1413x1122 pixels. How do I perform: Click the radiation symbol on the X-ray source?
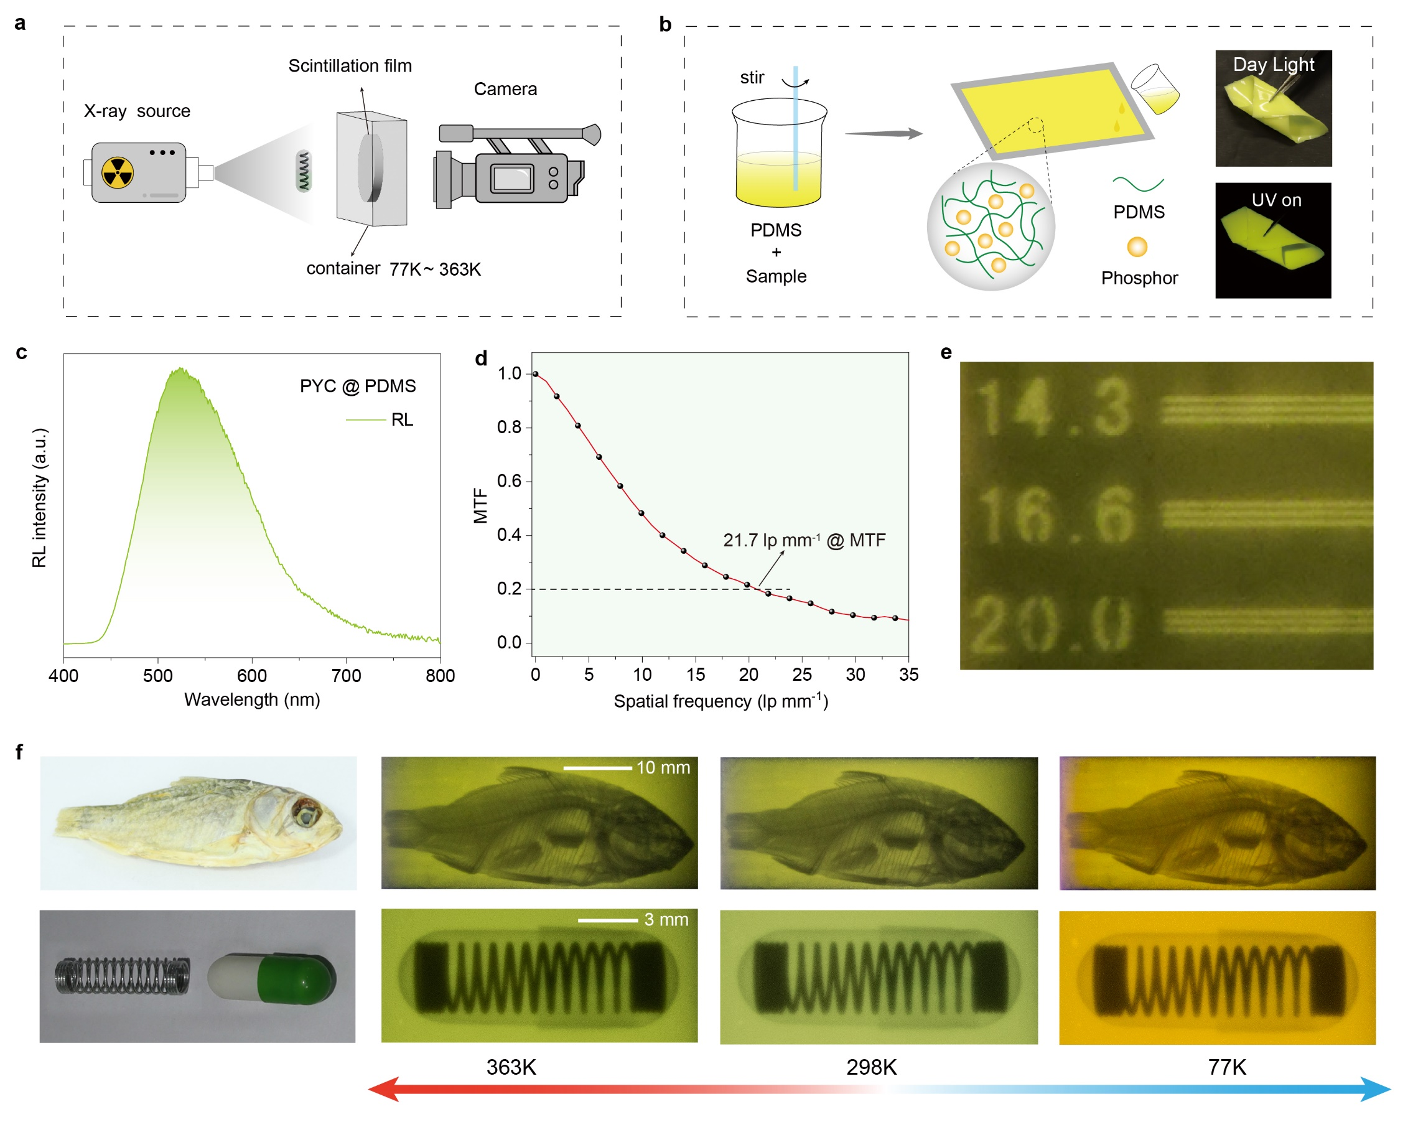click(x=118, y=173)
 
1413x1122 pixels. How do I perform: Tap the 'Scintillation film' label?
click(x=350, y=66)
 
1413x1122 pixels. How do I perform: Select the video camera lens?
click(x=444, y=180)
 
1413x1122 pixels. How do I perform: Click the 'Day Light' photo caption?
click(x=1273, y=65)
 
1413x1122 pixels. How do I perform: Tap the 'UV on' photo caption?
click(x=1275, y=200)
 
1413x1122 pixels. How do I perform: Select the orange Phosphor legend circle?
click(x=1137, y=247)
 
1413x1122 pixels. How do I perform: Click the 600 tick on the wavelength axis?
click(x=251, y=658)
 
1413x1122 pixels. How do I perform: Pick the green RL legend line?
click(x=365, y=419)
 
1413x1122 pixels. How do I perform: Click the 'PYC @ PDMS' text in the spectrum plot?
click(x=357, y=386)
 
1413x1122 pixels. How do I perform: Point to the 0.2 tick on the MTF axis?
click(x=529, y=589)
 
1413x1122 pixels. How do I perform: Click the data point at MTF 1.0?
click(x=536, y=374)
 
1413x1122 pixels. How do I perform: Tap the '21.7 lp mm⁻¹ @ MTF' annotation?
click(x=803, y=540)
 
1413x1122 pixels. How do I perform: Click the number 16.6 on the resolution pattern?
click(x=1054, y=516)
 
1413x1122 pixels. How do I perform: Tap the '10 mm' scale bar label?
click(x=663, y=767)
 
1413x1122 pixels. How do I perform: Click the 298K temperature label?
click(x=871, y=1068)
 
